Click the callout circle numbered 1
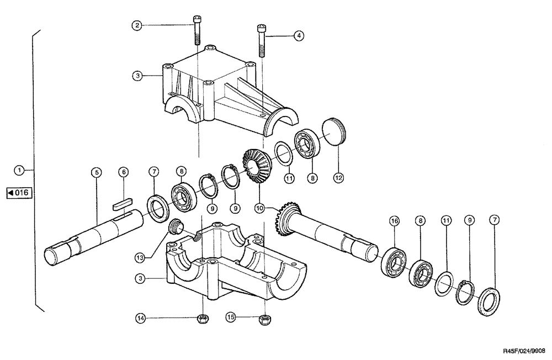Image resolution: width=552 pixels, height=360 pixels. [20, 170]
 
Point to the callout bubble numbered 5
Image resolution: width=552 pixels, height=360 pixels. [96, 173]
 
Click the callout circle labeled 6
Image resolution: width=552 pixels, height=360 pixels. [124, 173]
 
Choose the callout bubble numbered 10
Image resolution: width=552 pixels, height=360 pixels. [259, 209]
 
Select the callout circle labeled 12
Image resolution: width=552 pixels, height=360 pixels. [338, 178]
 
